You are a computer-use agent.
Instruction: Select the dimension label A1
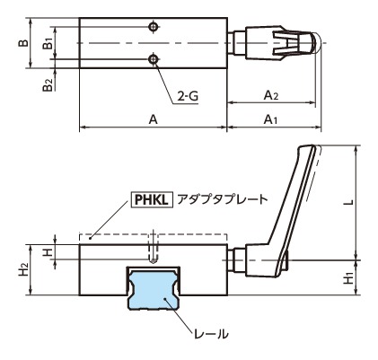(x=268, y=119)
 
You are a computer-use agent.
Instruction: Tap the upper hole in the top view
(x=155, y=25)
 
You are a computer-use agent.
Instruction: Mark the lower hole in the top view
(x=155, y=59)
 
